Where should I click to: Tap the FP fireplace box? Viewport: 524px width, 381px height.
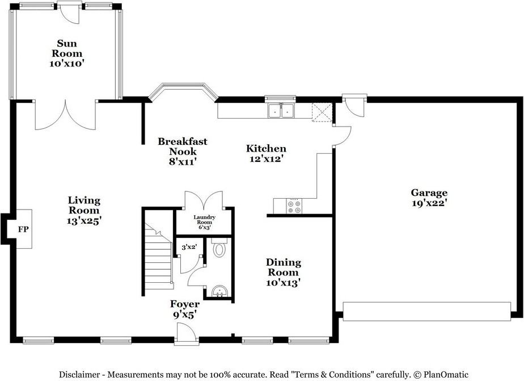pyautogui.click(x=23, y=229)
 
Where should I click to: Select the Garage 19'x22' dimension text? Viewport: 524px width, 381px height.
pyautogui.click(x=429, y=203)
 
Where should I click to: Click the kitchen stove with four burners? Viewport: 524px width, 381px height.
pyautogui.click(x=295, y=206)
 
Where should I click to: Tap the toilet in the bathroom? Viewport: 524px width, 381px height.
pyautogui.click(x=219, y=248)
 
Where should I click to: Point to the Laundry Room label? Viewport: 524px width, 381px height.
pyautogui.click(x=203, y=222)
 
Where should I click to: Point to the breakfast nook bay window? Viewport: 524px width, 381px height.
pyautogui.click(x=181, y=90)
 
